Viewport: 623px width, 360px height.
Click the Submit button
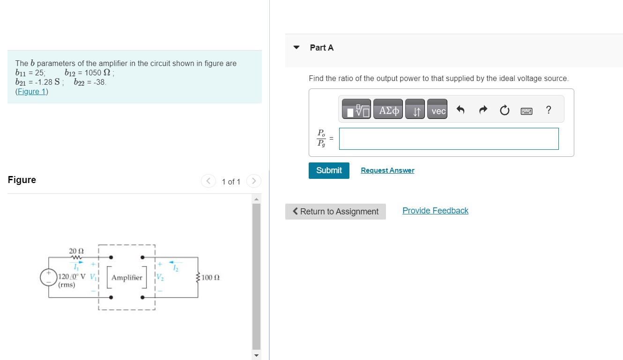[329, 170]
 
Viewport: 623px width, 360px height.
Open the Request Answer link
[387, 170]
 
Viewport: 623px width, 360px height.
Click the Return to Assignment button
[335, 212]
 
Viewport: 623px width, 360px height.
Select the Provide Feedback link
[435, 211]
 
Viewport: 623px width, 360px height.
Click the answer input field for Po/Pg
[448, 139]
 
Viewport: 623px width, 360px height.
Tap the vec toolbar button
[438, 110]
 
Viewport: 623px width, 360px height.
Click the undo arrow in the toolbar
[460, 110]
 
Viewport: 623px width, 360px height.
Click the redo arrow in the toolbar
[482, 110]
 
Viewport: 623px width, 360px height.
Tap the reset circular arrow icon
[504, 110]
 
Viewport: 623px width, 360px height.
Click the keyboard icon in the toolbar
[527, 111]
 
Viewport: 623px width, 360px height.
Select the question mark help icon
[549, 110]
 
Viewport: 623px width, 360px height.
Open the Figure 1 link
[31, 91]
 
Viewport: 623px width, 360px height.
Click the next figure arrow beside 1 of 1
[253, 181]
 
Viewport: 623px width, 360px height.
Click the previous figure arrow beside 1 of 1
[208, 181]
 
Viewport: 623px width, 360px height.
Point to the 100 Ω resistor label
[210, 278]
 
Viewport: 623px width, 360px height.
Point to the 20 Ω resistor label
[76, 251]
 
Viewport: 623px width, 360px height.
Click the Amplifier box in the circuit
[126, 278]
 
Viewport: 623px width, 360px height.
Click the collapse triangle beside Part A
[296, 48]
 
